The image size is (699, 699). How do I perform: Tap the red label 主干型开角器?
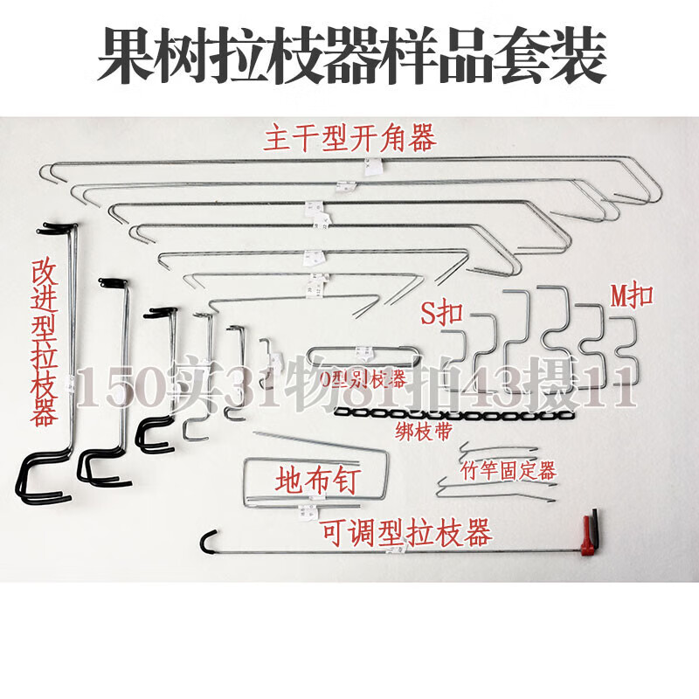tap(349, 138)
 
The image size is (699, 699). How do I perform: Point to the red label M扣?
tap(631, 295)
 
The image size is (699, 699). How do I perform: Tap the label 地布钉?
tap(316, 480)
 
